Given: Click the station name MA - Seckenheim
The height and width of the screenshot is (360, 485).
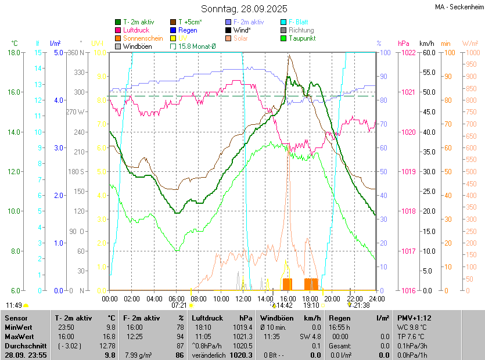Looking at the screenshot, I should point(458,7).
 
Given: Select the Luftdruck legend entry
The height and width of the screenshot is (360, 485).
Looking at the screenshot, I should point(136,30).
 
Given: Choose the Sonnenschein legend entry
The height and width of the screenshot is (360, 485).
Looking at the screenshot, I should point(142,38).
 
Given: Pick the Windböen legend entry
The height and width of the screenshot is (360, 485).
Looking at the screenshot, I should point(136,46).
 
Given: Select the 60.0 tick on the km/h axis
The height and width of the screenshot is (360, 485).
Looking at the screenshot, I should point(427,53).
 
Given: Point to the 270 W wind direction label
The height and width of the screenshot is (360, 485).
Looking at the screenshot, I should point(76,112).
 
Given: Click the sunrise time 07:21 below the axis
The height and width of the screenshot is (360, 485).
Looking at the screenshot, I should point(179,305).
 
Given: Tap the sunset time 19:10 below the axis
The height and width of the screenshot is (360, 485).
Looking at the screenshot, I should point(311,305).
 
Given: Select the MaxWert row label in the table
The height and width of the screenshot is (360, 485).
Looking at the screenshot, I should point(19,337).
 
